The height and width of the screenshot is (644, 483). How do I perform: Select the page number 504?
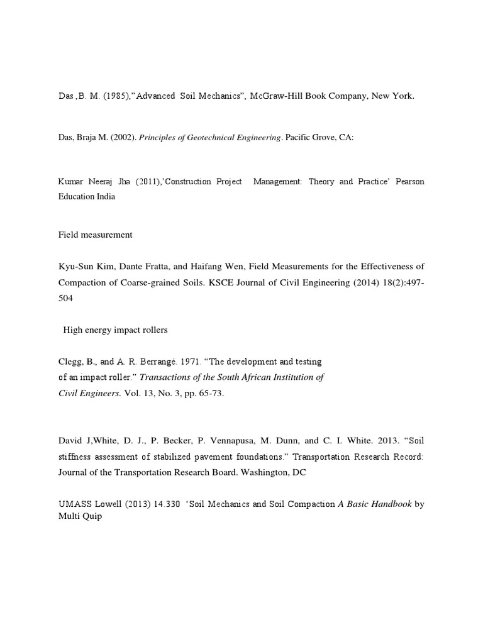coord(65,299)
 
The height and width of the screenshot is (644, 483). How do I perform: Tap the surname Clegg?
coord(69,362)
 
